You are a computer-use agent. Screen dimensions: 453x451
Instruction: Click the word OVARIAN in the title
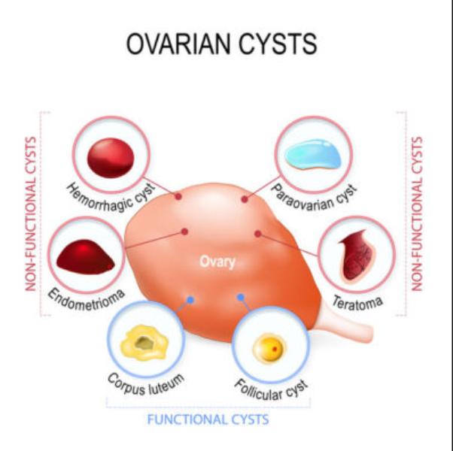pos(180,44)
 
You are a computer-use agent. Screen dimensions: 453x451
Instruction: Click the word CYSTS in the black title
pos(278,44)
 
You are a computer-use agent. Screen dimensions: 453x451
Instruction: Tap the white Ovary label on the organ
pos(217,262)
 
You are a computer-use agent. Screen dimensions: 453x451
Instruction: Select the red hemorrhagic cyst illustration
pos(111,158)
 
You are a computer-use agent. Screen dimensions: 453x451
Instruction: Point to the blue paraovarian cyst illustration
pos(313,154)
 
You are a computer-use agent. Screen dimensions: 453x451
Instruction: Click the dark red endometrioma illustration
pos(86,257)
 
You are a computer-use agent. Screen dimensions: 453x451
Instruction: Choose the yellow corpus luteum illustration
pos(144,343)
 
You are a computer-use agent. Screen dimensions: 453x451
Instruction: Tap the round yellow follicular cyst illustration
pos(269,348)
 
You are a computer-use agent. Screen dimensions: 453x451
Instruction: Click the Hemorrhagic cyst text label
pos(111,198)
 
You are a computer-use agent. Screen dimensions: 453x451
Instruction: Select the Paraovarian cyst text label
pos(314,198)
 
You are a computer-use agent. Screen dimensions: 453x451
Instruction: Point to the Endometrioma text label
pos(86,299)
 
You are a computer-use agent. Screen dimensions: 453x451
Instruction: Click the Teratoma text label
pos(357,303)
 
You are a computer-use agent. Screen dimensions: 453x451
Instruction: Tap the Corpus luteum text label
pos(146,385)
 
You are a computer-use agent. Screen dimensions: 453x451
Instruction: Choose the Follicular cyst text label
pos(271,390)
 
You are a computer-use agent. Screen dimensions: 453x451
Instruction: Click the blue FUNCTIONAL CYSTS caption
pos(208,419)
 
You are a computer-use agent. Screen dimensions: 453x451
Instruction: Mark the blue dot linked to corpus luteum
pos(190,300)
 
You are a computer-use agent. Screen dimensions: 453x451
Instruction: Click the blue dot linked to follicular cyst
pos(240,297)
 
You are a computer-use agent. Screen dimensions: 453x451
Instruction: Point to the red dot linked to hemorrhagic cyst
pos(178,196)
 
